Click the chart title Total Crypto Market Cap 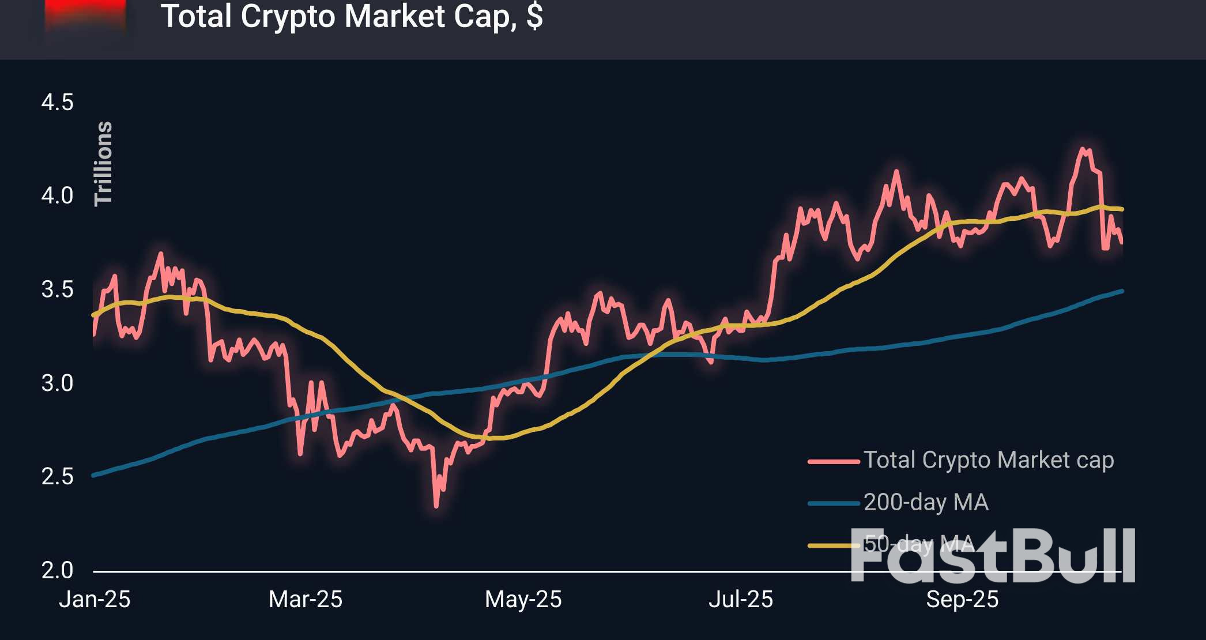(352, 16)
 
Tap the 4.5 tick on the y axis (57, 103)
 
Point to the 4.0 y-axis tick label (57, 196)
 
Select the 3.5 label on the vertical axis (57, 289)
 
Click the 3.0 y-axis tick (57, 383)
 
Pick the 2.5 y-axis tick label (57, 477)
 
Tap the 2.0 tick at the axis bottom (57, 570)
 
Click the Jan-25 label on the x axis (95, 600)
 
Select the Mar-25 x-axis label (306, 600)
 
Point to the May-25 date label (523, 600)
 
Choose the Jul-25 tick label (740, 600)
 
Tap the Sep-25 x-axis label (962, 600)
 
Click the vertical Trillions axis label (104, 164)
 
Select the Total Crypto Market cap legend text (988, 460)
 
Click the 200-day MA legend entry (926, 502)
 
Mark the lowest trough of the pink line (436, 506)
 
